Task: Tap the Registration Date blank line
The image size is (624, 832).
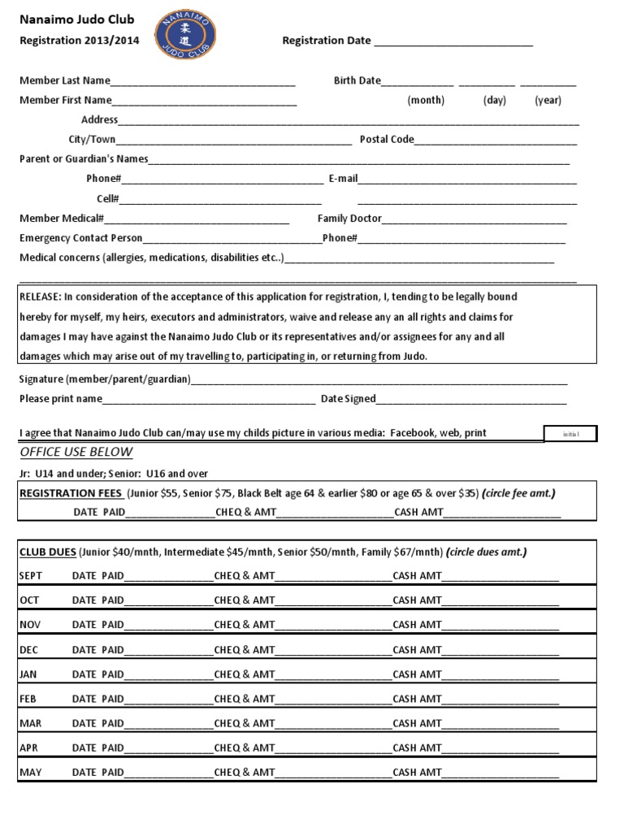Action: tap(453, 42)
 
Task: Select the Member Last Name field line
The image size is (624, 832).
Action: tap(204, 82)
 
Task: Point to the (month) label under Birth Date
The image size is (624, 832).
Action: tap(426, 101)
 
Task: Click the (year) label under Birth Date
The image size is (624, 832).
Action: tap(548, 101)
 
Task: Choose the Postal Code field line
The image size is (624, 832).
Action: tap(496, 141)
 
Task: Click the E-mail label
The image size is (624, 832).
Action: tap(343, 179)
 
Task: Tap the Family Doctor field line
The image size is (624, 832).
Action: tap(474, 219)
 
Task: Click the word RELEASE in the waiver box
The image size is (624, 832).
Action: tap(39, 297)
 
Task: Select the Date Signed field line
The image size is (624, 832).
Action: tap(471, 400)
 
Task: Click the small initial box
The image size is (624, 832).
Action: tap(570, 434)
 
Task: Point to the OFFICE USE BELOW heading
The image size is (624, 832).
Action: tap(76, 453)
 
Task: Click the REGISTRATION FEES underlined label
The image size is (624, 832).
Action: tap(71, 494)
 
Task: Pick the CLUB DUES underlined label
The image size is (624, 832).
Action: tap(48, 552)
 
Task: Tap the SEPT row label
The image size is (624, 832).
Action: tap(31, 576)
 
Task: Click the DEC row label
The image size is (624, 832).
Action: tap(29, 650)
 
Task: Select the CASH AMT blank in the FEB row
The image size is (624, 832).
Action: tap(500, 700)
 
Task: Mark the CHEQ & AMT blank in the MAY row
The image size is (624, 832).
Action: tap(334, 773)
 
